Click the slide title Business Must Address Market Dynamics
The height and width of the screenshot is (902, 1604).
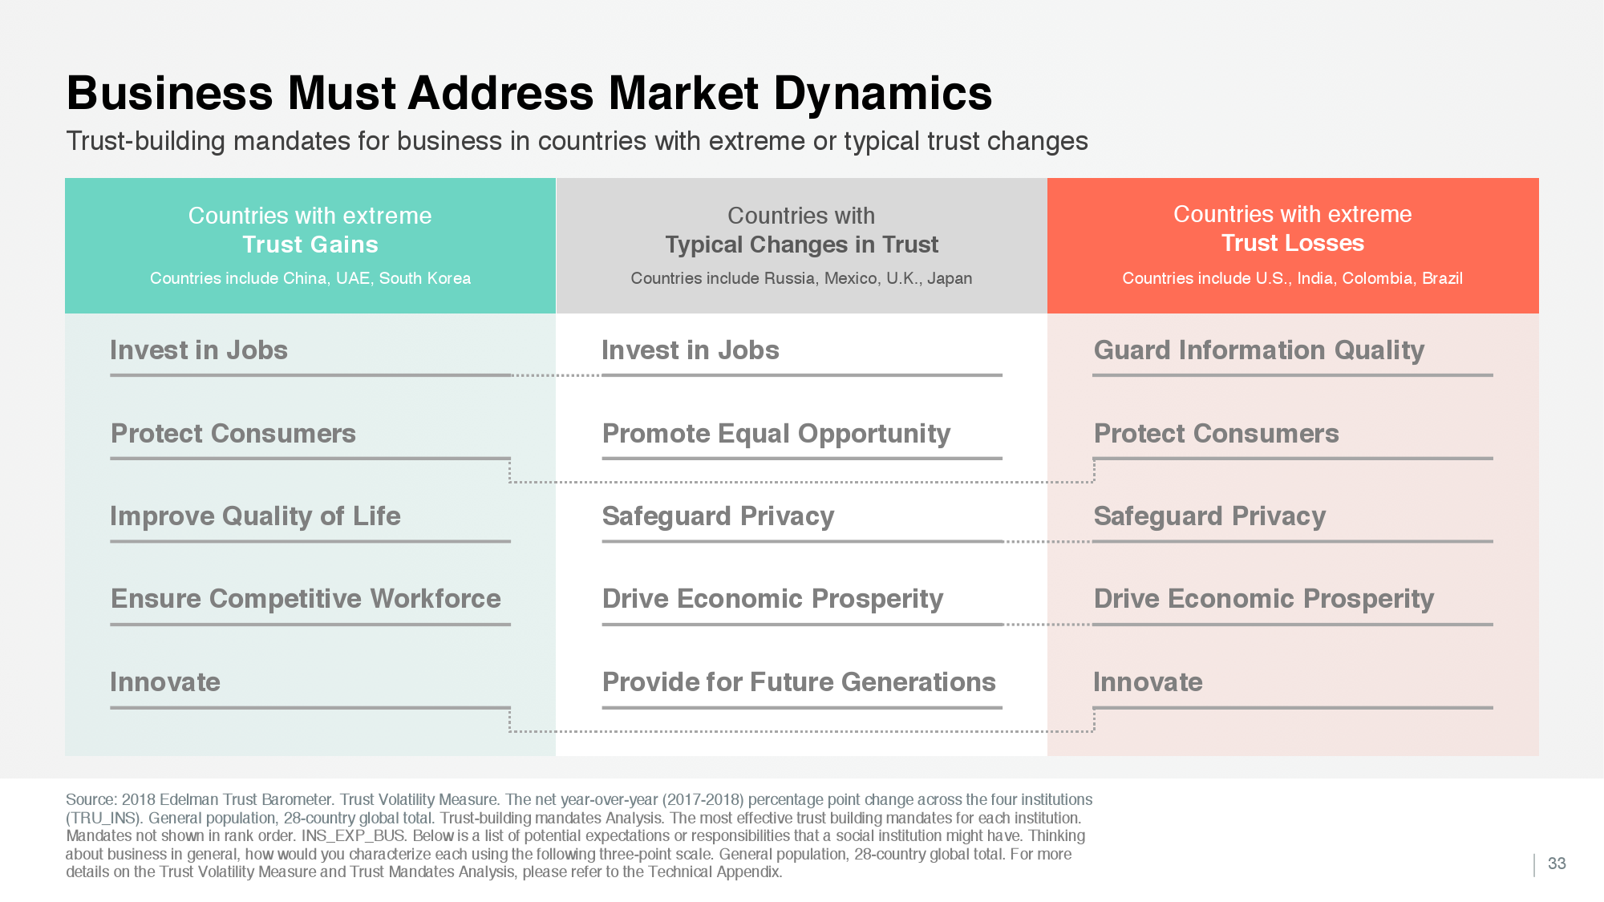click(529, 93)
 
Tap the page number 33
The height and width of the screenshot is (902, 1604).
click(1557, 864)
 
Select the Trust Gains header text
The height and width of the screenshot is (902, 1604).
click(310, 245)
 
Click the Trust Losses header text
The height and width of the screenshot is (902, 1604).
click(1293, 243)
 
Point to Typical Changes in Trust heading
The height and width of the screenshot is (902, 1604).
click(801, 245)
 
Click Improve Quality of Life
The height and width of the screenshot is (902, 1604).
click(255, 516)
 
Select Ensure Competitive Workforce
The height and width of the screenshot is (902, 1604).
click(306, 599)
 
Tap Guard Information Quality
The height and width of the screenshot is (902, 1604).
click(1259, 350)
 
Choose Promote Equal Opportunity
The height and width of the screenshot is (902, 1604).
click(776, 434)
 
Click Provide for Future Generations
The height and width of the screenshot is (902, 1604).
click(799, 682)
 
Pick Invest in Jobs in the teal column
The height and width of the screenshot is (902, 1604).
click(199, 350)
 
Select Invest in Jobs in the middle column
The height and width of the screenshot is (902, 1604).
click(691, 350)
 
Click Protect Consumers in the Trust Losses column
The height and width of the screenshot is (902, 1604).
click(1216, 434)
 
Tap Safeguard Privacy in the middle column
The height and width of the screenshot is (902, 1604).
click(718, 516)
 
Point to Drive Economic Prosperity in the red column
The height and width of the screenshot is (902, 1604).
click(1264, 599)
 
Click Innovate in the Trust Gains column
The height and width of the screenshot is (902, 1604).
click(165, 682)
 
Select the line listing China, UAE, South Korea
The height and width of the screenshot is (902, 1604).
click(310, 278)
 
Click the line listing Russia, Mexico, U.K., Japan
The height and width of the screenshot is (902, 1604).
click(801, 278)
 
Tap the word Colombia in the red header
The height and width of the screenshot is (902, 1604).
click(1377, 278)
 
